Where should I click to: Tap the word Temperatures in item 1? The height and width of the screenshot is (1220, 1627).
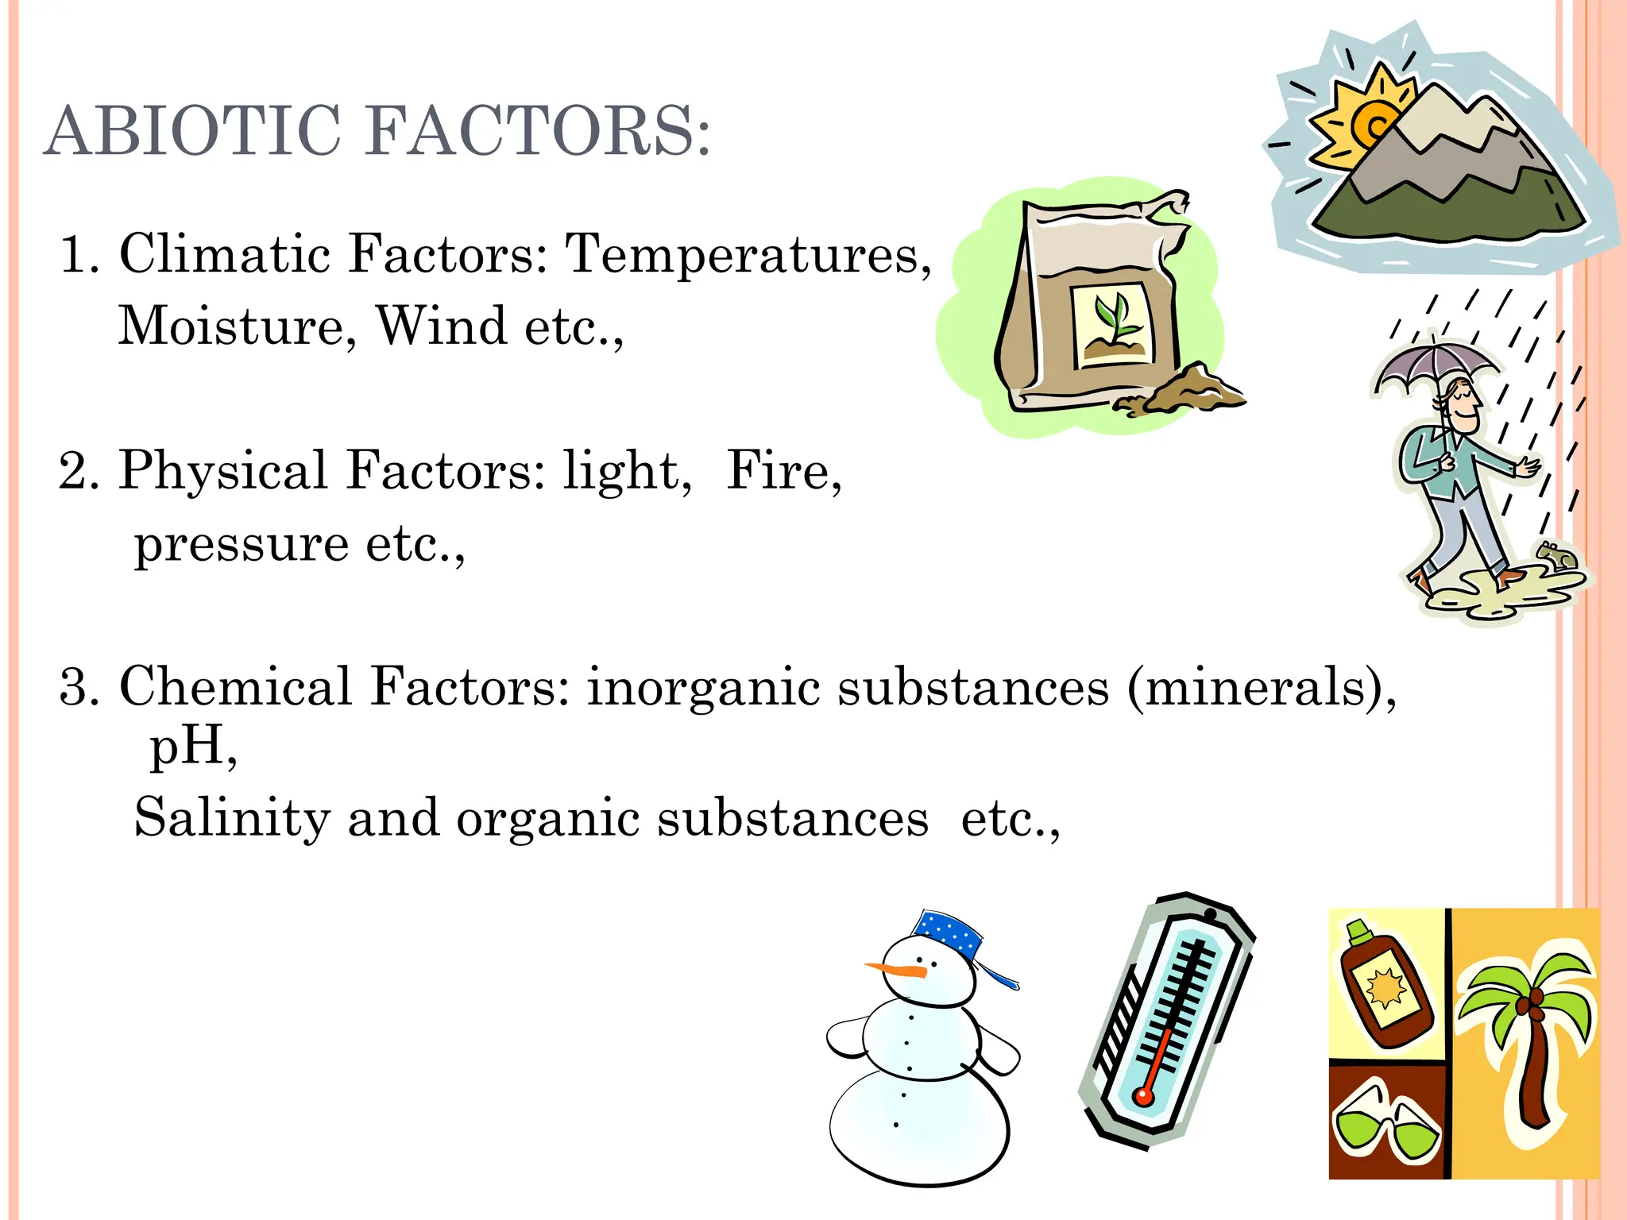[x=748, y=255]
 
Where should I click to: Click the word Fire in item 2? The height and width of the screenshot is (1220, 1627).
[x=783, y=471]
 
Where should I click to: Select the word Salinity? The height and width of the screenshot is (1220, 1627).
[x=232, y=818]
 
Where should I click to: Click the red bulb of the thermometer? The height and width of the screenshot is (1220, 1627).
[x=1144, y=1097]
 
